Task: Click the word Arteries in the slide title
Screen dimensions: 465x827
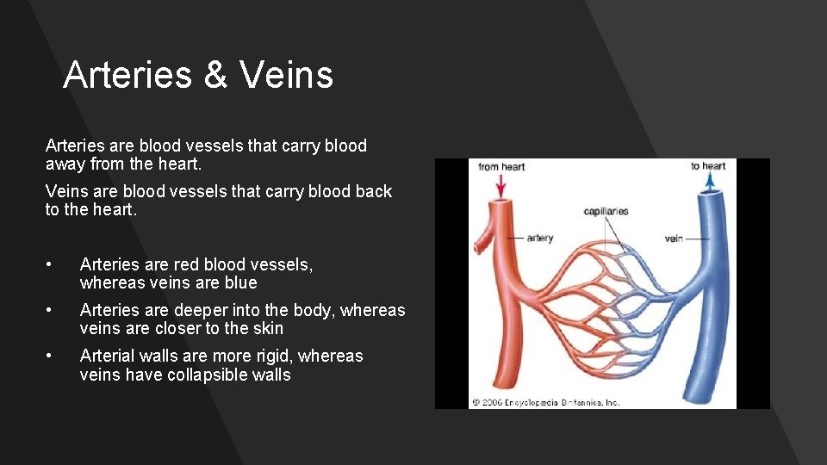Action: (x=127, y=75)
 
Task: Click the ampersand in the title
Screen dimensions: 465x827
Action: (x=215, y=75)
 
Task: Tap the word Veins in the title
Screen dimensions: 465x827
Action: (x=286, y=75)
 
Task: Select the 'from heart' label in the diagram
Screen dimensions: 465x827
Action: (x=501, y=166)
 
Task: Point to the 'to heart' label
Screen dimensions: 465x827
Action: (x=708, y=166)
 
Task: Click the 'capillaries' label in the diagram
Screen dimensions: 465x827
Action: (x=606, y=211)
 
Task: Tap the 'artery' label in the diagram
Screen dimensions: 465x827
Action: (x=539, y=238)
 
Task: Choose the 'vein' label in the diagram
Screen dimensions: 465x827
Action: (x=674, y=238)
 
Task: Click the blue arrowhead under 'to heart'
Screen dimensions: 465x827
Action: (x=710, y=180)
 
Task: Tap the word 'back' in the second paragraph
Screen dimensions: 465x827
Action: (x=372, y=191)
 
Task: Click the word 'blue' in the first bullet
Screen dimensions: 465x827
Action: (x=240, y=282)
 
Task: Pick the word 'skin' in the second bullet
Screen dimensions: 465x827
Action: (x=267, y=328)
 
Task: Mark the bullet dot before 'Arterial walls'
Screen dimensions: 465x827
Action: (x=52, y=356)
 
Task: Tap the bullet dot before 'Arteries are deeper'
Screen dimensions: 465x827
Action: (x=52, y=310)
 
